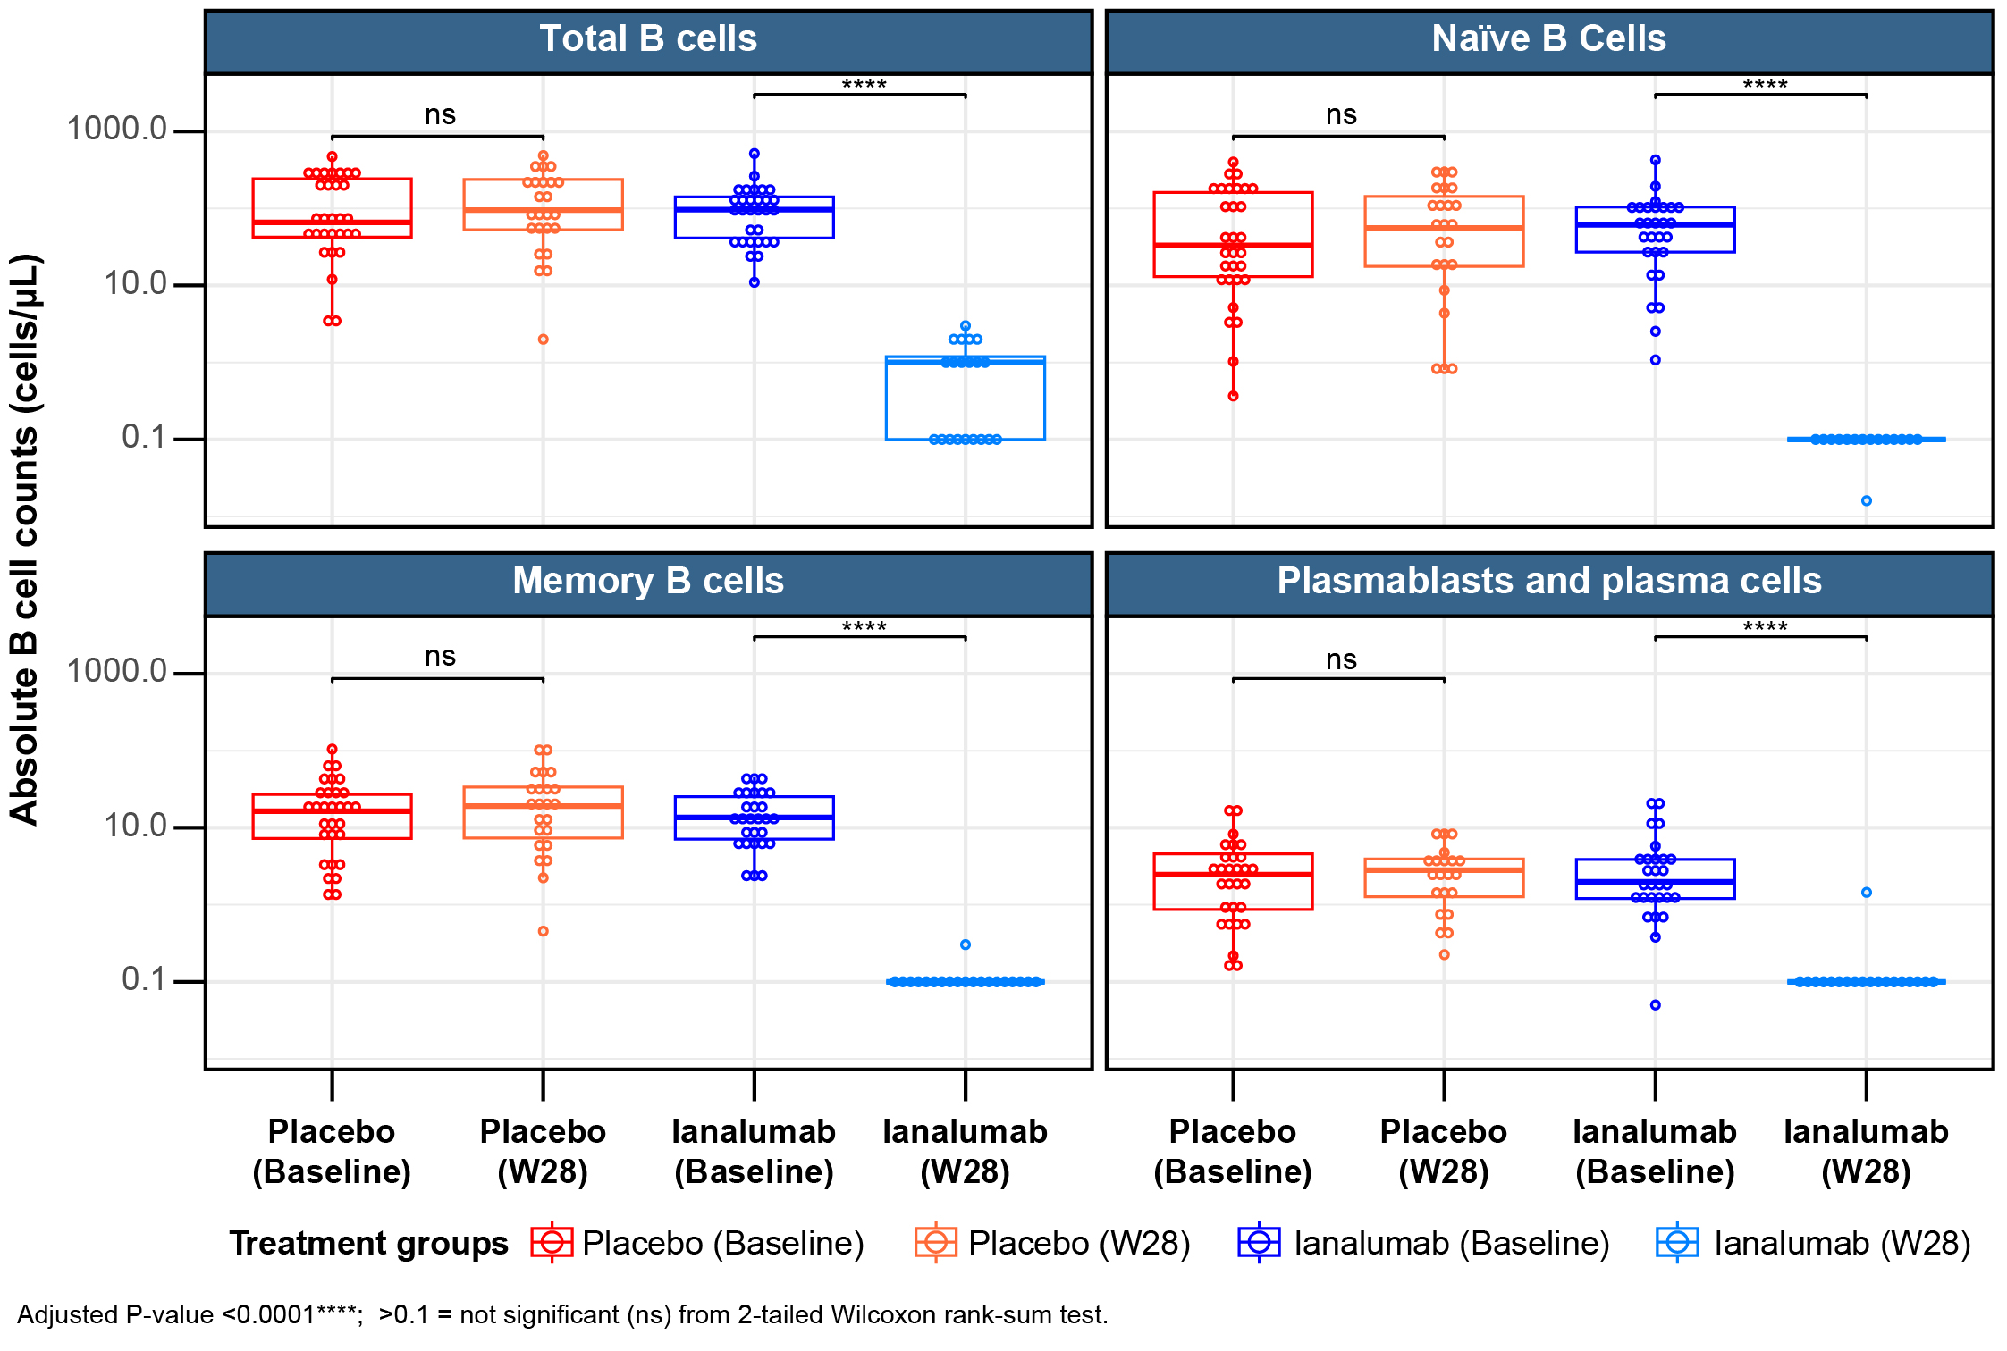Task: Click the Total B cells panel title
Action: (x=648, y=39)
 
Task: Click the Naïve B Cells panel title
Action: (x=1548, y=39)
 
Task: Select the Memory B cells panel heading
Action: (x=648, y=582)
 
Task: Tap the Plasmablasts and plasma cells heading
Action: (x=1548, y=582)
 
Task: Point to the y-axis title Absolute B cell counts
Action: (x=25, y=539)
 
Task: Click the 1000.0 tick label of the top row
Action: (x=117, y=130)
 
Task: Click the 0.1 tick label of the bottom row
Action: (x=144, y=980)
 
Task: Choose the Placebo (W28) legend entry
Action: (x=1053, y=1243)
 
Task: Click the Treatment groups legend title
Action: (x=368, y=1243)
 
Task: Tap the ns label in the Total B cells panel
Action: (x=440, y=115)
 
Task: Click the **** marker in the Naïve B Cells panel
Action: (x=1765, y=86)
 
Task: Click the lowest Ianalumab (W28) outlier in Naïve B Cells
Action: (x=1867, y=500)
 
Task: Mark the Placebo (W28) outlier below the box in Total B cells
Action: (x=543, y=340)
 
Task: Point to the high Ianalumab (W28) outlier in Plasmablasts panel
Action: (x=1867, y=893)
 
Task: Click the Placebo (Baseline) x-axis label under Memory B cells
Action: (x=332, y=1152)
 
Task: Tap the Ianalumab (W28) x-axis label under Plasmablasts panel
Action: (x=1867, y=1152)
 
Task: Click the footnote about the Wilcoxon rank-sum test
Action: (x=562, y=1315)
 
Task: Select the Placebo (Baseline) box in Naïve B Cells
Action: (x=1233, y=234)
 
